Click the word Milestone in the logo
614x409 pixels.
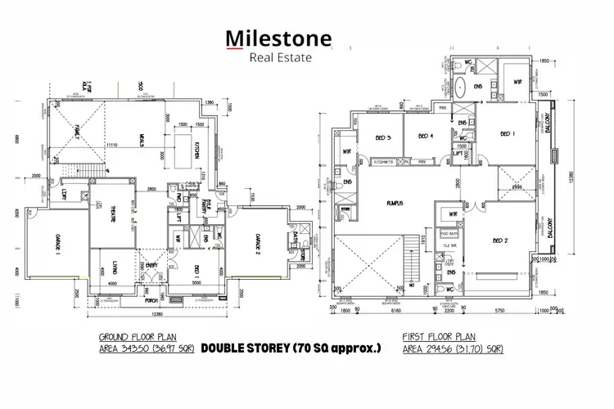278,38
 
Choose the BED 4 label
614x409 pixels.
425,137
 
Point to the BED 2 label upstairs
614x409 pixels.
502,240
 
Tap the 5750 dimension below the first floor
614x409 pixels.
499,311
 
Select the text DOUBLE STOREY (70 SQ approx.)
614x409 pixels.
291,348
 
